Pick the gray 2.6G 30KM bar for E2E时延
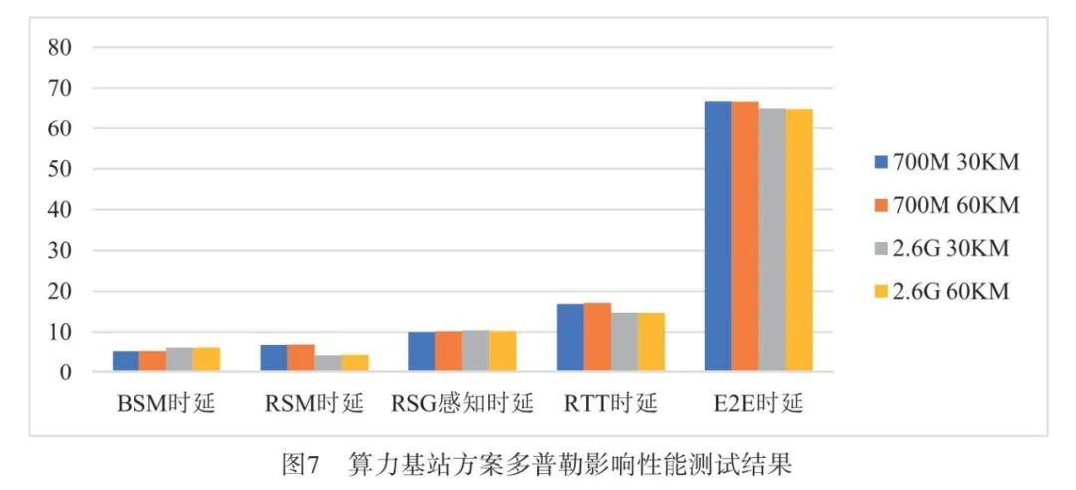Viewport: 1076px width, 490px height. pyautogui.click(x=772, y=240)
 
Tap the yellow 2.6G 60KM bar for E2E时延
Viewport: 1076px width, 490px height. pyautogui.click(x=799, y=240)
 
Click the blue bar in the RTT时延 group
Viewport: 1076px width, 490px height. pyautogui.click(x=570, y=338)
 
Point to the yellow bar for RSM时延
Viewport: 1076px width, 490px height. pyautogui.click(x=355, y=364)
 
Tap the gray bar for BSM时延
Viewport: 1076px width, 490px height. pyautogui.click(x=179, y=360)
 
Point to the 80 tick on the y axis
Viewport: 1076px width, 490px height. pyautogui.click(x=61, y=47)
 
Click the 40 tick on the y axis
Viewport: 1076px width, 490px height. pyautogui.click(x=61, y=210)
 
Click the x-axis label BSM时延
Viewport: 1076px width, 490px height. pyautogui.click(x=165, y=405)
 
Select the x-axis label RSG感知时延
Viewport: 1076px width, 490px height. pyautogui.click(x=460, y=405)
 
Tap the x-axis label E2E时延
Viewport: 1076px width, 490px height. pyautogui.click(x=758, y=405)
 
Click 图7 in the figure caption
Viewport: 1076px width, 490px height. pyautogui.click(x=299, y=464)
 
